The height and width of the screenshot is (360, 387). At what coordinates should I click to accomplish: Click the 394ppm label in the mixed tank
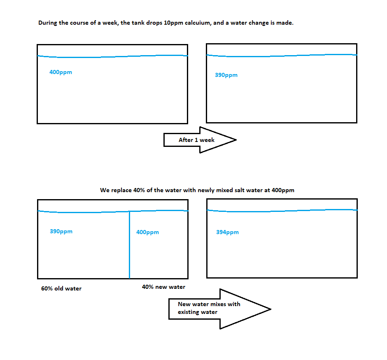[x=227, y=232]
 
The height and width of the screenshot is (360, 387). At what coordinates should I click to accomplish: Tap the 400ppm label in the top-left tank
[x=61, y=72]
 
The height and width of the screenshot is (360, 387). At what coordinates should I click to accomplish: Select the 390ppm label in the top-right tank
[x=226, y=75]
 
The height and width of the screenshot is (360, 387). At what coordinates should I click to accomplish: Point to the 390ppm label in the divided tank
[x=61, y=231]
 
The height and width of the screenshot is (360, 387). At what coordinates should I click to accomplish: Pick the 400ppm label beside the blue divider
[x=147, y=232]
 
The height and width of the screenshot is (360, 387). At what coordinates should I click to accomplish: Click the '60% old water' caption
[x=61, y=288]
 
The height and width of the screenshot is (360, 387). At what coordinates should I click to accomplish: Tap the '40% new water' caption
[x=163, y=287]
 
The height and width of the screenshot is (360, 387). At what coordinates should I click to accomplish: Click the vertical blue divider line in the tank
[x=129, y=245]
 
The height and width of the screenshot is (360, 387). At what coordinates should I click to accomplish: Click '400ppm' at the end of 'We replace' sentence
[x=283, y=190]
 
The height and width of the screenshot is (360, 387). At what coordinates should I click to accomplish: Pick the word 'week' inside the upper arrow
[x=207, y=140]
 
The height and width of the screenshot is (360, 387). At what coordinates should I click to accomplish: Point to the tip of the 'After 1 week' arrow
[x=236, y=140]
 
